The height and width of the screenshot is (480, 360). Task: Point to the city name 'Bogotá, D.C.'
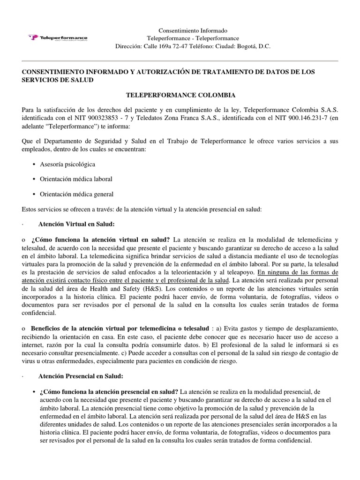(255, 46)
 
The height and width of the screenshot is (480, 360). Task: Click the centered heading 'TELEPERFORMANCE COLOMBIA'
(180, 95)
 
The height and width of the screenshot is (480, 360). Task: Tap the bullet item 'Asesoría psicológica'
(68, 165)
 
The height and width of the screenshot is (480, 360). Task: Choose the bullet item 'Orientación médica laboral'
(76, 179)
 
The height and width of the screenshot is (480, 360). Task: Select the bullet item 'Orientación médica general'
(76, 194)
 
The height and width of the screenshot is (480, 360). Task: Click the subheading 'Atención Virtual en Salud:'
(76, 224)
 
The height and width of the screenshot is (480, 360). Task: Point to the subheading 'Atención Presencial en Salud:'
(81, 376)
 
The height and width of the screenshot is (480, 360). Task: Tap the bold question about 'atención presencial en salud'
(109, 391)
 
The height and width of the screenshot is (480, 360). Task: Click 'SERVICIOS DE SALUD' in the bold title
(58, 80)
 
